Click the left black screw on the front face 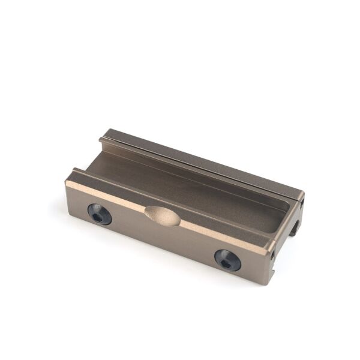[x=100, y=214]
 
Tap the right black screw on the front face [x=227, y=260]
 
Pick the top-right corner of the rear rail [x=304, y=192]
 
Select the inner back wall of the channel [x=192, y=174]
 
